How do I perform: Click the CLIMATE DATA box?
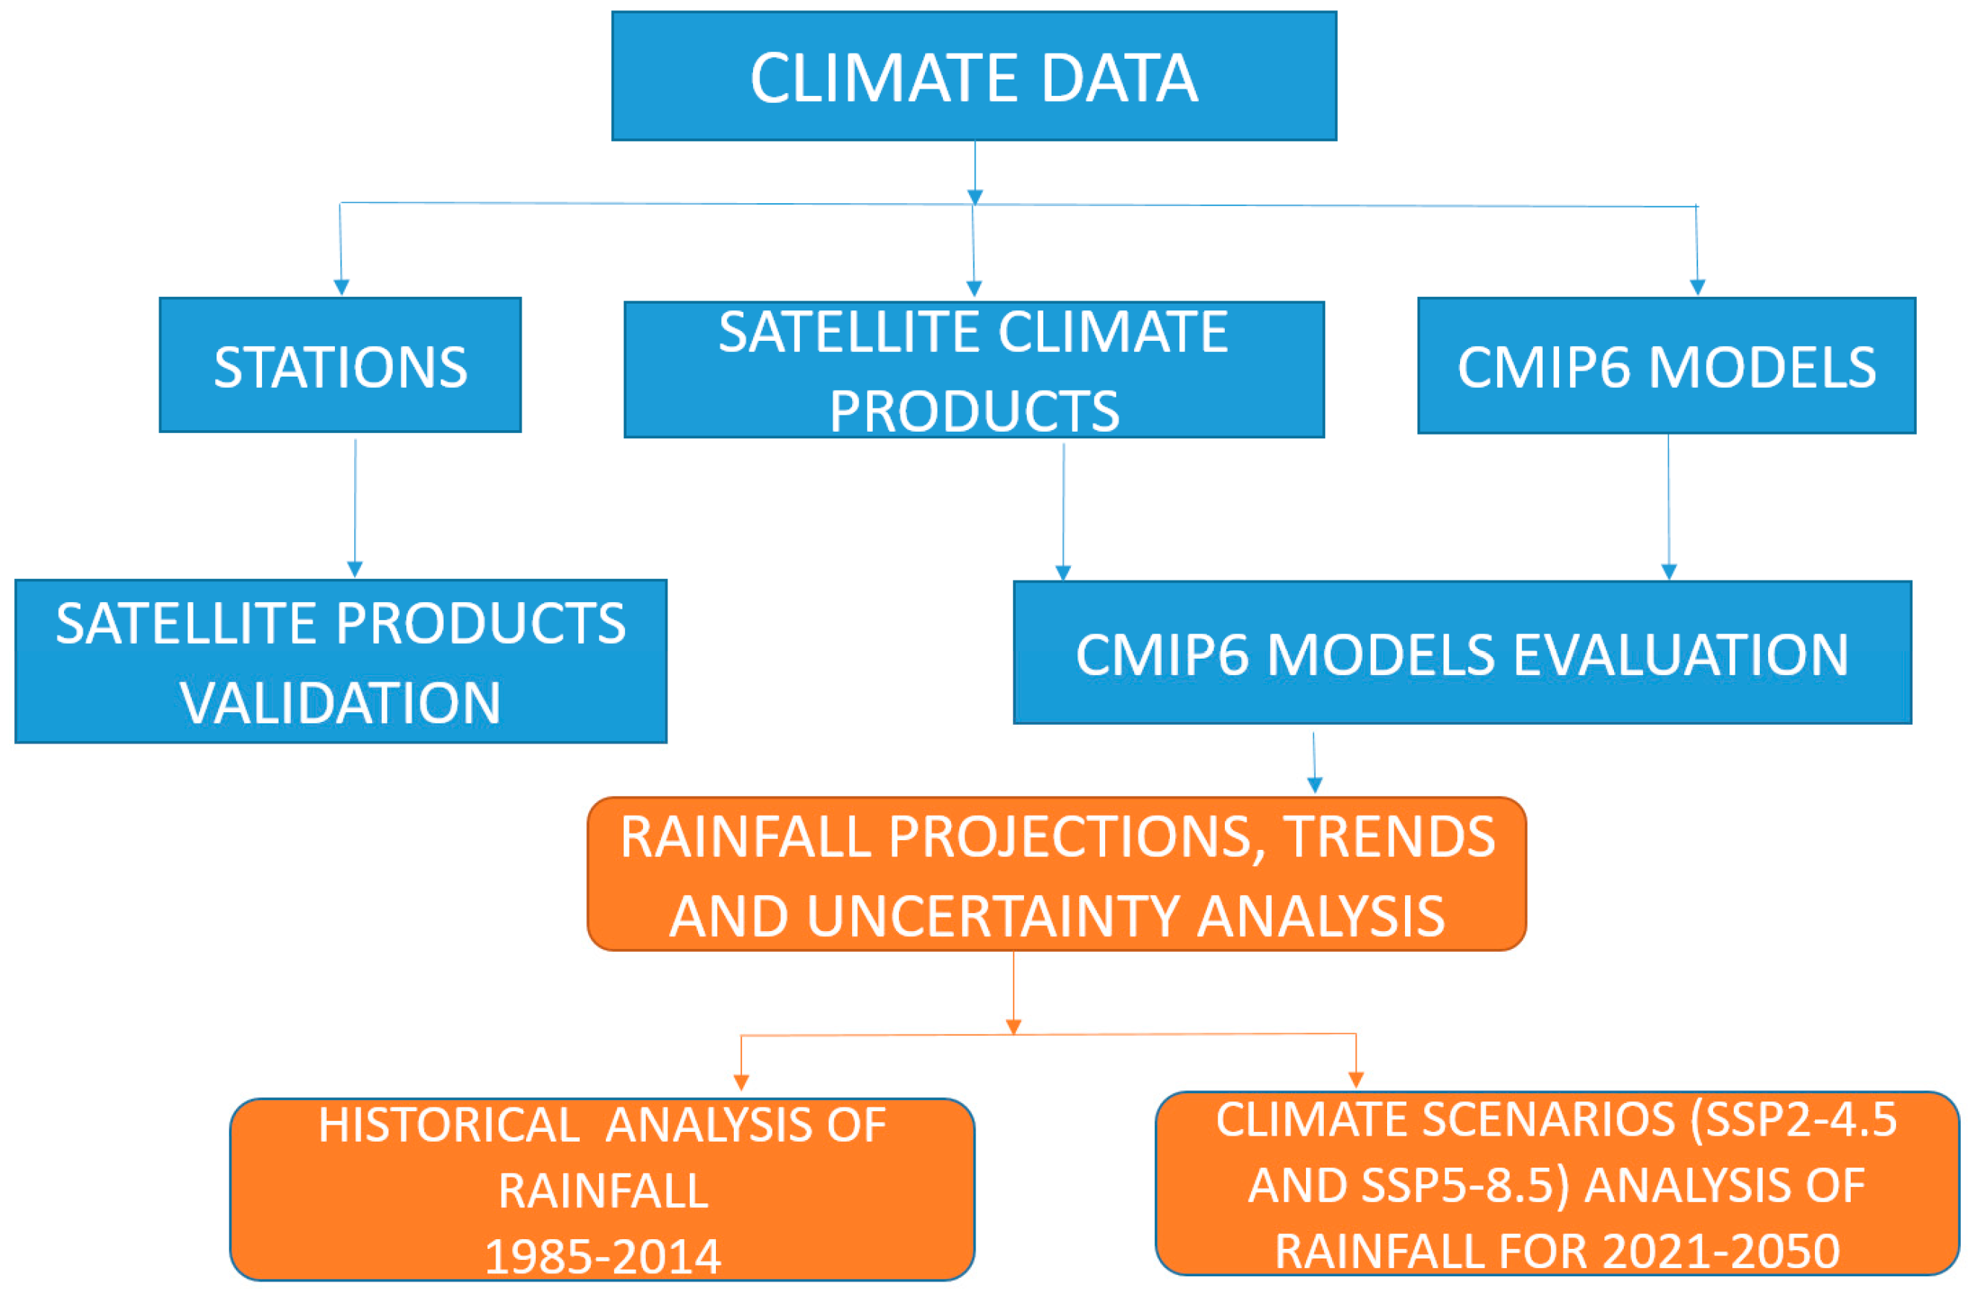coord(973,75)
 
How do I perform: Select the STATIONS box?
coord(340,365)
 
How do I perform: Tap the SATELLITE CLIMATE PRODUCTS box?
coord(973,369)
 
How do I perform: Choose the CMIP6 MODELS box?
coord(1666,365)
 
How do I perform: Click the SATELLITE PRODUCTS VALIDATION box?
coord(340,661)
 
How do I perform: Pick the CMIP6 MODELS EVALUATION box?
coord(1462,653)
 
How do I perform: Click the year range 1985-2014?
coord(603,1256)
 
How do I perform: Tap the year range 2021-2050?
coord(1721,1251)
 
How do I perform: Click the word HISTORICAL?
coord(449,1125)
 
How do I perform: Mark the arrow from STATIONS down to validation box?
coord(355,508)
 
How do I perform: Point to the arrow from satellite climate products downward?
coord(1063,512)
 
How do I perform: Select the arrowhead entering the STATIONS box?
coord(341,287)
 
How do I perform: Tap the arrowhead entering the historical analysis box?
coord(741,1082)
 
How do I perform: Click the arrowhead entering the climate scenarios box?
coord(1356,1079)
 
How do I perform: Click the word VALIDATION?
coord(340,703)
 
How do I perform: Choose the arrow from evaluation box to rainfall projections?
coord(1313,762)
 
